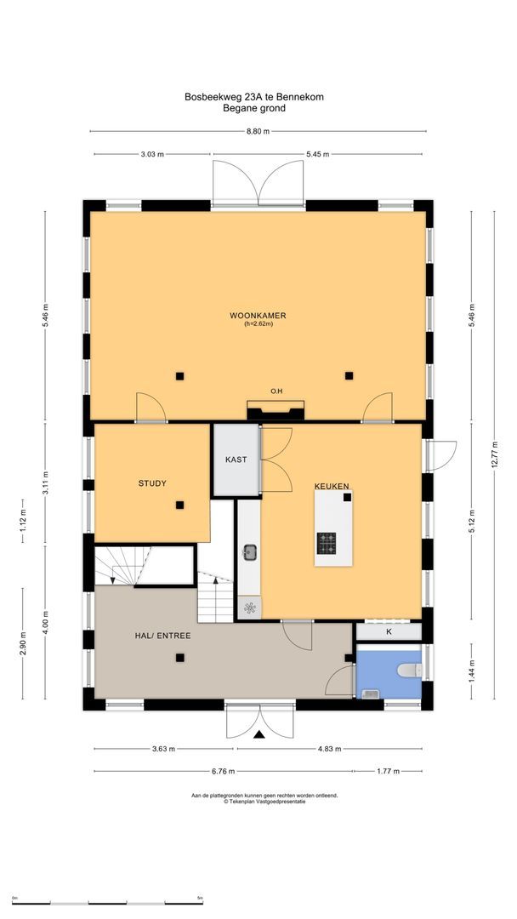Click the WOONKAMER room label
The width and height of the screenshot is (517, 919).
(x=258, y=315)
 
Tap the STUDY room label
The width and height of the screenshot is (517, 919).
(x=152, y=483)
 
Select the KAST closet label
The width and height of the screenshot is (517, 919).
(x=236, y=459)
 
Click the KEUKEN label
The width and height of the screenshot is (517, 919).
(x=332, y=486)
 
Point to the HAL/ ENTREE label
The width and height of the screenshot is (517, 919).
(x=162, y=636)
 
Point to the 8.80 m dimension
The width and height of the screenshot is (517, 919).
(x=258, y=131)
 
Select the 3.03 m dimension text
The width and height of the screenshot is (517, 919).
(x=152, y=154)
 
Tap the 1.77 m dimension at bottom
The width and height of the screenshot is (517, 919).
(x=389, y=771)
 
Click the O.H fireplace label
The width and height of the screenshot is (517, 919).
(x=276, y=391)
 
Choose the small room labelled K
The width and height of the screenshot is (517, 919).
(x=389, y=632)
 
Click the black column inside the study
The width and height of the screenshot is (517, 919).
(x=179, y=505)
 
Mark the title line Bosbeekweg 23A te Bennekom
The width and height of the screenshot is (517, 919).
(x=254, y=97)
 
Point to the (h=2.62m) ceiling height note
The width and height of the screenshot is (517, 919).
(x=258, y=323)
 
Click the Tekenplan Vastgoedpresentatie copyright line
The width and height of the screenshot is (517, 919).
(x=264, y=801)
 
